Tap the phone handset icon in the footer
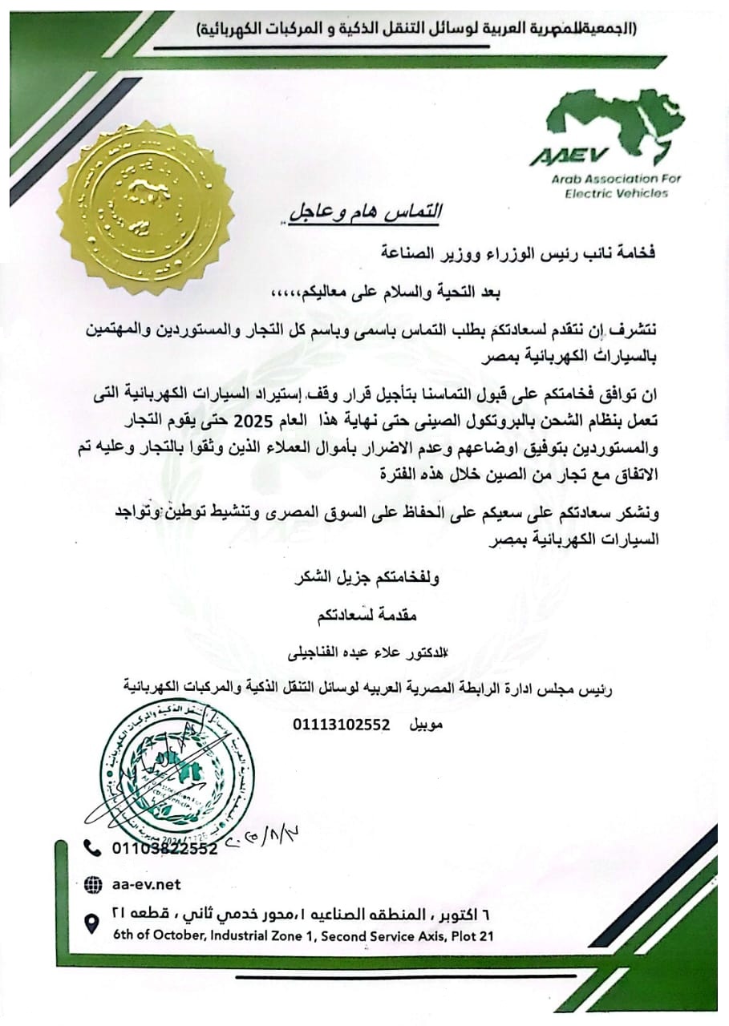[x=93, y=848]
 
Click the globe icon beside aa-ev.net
[x=93, y=884]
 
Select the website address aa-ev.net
[x=148, y=884]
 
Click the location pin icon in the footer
[x=93, y=923]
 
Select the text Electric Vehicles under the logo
[x=616, y=193]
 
